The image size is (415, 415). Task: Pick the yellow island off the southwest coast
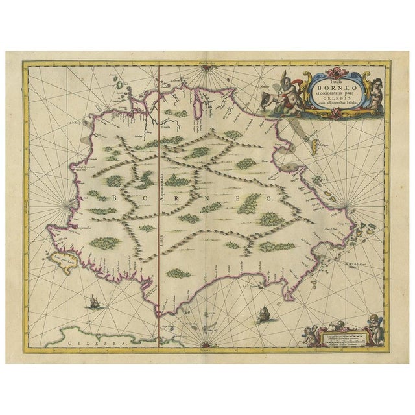(51, 259)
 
